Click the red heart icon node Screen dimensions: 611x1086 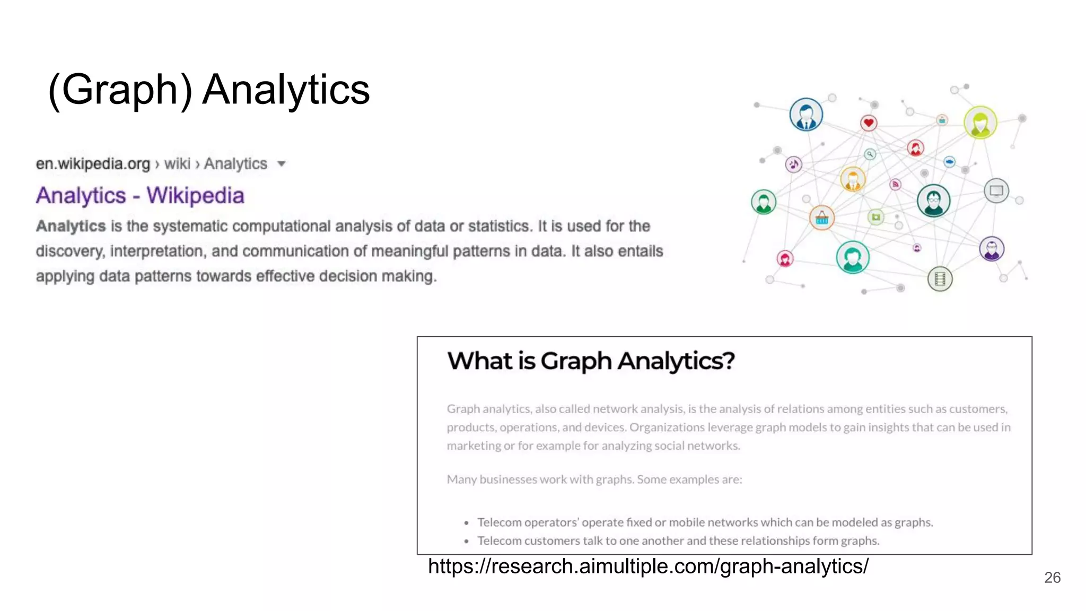[869, 123]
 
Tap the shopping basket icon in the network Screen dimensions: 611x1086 [822, 218]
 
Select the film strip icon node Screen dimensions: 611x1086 [940, 279]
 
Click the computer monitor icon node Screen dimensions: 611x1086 [996, 191]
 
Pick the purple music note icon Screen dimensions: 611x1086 [793, 164]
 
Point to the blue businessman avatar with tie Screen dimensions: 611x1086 [806, 115]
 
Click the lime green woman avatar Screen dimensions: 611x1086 [980, 123]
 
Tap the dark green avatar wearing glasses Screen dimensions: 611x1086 [933, 201]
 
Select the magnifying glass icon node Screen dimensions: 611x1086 [870, 154]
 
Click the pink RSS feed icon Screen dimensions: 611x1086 [896, 185]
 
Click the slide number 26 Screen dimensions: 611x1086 [1052, 578]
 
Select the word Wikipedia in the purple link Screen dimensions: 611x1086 [195, 196]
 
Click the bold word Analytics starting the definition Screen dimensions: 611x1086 [71, 226]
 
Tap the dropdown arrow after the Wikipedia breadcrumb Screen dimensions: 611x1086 [282, 164]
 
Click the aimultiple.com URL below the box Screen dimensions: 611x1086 [648, 566]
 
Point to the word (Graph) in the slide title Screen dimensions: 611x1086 [120, 90]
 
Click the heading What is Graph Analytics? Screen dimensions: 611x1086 [591, 361]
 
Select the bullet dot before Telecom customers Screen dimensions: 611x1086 [466, 542]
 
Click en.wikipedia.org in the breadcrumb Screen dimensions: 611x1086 [93, 164]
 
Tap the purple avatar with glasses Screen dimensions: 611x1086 [992, 249]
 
